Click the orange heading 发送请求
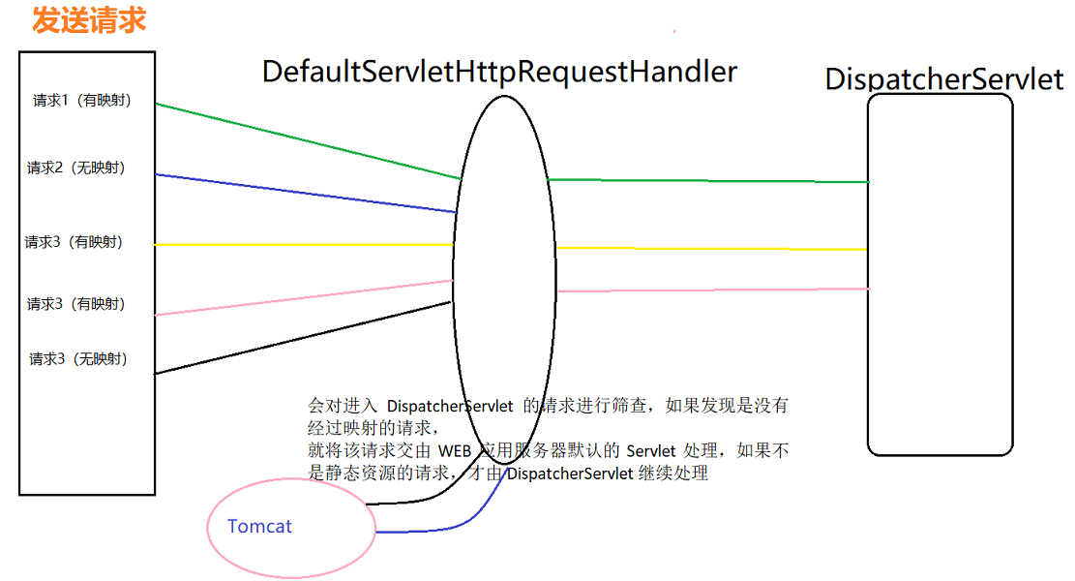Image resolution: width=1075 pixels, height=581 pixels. [89, 20]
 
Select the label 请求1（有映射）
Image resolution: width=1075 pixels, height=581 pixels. [82, 101]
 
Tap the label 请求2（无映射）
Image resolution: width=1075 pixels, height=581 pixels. [76, 168]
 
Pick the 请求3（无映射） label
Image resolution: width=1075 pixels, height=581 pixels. [78, 359]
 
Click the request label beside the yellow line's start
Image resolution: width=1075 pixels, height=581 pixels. [75, 242]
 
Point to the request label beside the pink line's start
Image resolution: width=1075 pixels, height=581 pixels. [76, 304]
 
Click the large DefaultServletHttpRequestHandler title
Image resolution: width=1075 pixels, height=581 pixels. [499, 72]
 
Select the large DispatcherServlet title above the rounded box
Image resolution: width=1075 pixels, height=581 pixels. [943, 79]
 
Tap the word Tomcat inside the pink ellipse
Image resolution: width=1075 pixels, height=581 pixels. [259, 527]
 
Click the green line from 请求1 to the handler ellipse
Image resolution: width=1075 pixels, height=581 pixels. [308, 141]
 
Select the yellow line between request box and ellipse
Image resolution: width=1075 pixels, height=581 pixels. [304, 245]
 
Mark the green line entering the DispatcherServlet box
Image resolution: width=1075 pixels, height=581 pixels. [708, 181]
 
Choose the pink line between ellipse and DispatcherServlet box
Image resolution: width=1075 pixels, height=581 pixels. [712, 290]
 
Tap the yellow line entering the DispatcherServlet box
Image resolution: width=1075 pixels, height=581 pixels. [712, 249]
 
